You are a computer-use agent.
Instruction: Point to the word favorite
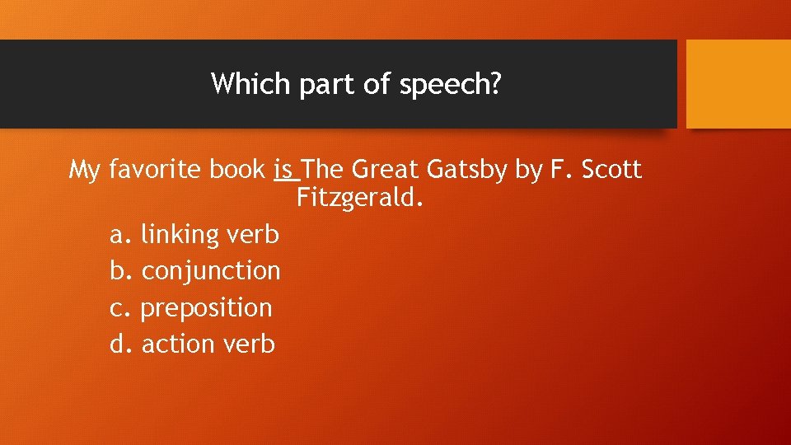click(x=155, y=170)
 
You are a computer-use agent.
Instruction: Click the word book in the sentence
click(x=237, y=170)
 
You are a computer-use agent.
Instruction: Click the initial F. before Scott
click(x=560, y=170)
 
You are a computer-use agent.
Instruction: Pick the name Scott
click(x=611, y=170)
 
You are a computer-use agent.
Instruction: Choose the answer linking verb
click(x=210, y=235)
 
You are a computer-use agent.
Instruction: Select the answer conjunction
click(x=211, y=271)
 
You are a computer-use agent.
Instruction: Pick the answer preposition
click(x=206, y=308)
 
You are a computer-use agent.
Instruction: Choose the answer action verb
click(x=208, y=344)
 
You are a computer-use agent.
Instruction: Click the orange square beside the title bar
click(x=738, y=84)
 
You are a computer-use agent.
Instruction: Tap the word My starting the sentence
click(x=85, y=171)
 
